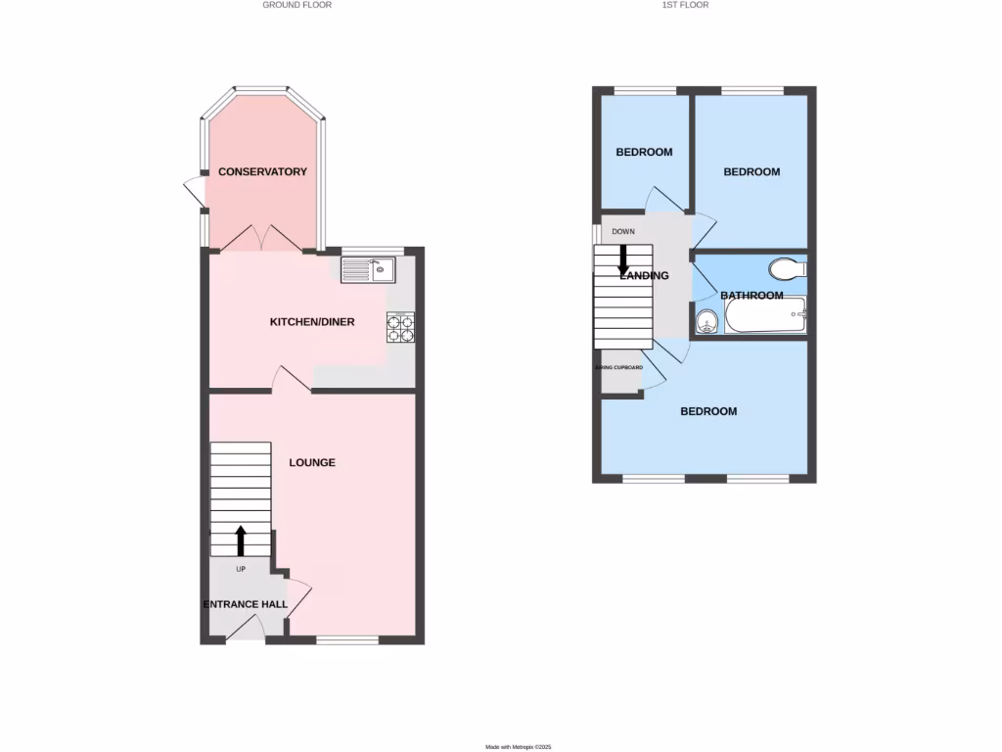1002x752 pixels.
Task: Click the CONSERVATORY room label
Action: [262, 172]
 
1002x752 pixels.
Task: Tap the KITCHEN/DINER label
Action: [312, 322]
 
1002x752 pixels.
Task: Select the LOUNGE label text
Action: [312, 462]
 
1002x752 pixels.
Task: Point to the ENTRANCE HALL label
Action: [246, 604]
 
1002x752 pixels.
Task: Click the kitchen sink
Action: [367, 268]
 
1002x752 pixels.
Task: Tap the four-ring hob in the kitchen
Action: [400, 327]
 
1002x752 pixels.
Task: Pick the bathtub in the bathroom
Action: [765, 315]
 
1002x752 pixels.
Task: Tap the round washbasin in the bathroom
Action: [706, 320]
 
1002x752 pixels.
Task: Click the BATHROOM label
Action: [751, 296]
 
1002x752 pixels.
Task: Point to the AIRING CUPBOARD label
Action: [619, 367]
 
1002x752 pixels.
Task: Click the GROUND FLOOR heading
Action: [296, 5]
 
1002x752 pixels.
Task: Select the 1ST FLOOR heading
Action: [685, 5]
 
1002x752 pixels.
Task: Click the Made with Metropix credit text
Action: [519, 747]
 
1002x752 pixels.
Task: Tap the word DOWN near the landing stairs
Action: [623, 232]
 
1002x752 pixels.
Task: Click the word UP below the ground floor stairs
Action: [241, 569]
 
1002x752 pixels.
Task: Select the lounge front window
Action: [347, 640]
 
